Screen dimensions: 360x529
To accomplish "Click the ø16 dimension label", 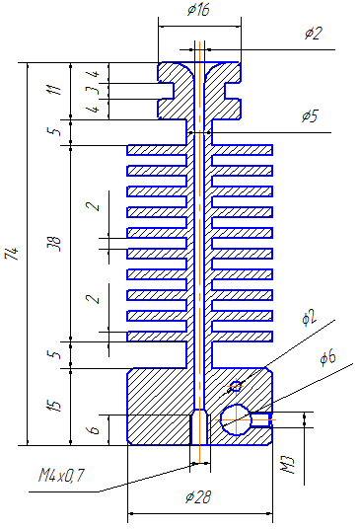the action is click(198, 10).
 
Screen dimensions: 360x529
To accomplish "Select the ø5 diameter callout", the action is click(310, 116).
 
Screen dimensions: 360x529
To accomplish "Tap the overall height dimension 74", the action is click(11, 254).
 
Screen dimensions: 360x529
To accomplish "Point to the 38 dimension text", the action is click(55, 243).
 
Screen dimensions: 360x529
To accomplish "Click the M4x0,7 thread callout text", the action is click(61, 476).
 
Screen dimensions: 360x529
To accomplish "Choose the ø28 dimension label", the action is click(198, 497).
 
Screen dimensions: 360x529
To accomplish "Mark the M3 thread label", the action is click(287, 465).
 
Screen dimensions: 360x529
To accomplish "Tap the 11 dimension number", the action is click(55, 90).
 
